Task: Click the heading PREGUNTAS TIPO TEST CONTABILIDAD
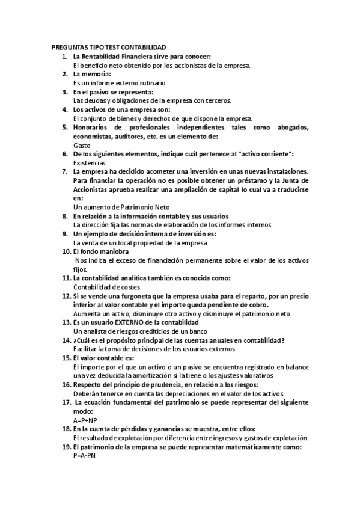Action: click(x=109, y=48)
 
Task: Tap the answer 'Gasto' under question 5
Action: click(x=81, y=146)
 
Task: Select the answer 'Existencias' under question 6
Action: click(x=89, y=163)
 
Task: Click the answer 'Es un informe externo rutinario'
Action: click(x=119, y=82)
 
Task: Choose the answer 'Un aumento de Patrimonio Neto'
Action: click(x=121, y=207)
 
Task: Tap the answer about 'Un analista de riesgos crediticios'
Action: click(x=140, y=331)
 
